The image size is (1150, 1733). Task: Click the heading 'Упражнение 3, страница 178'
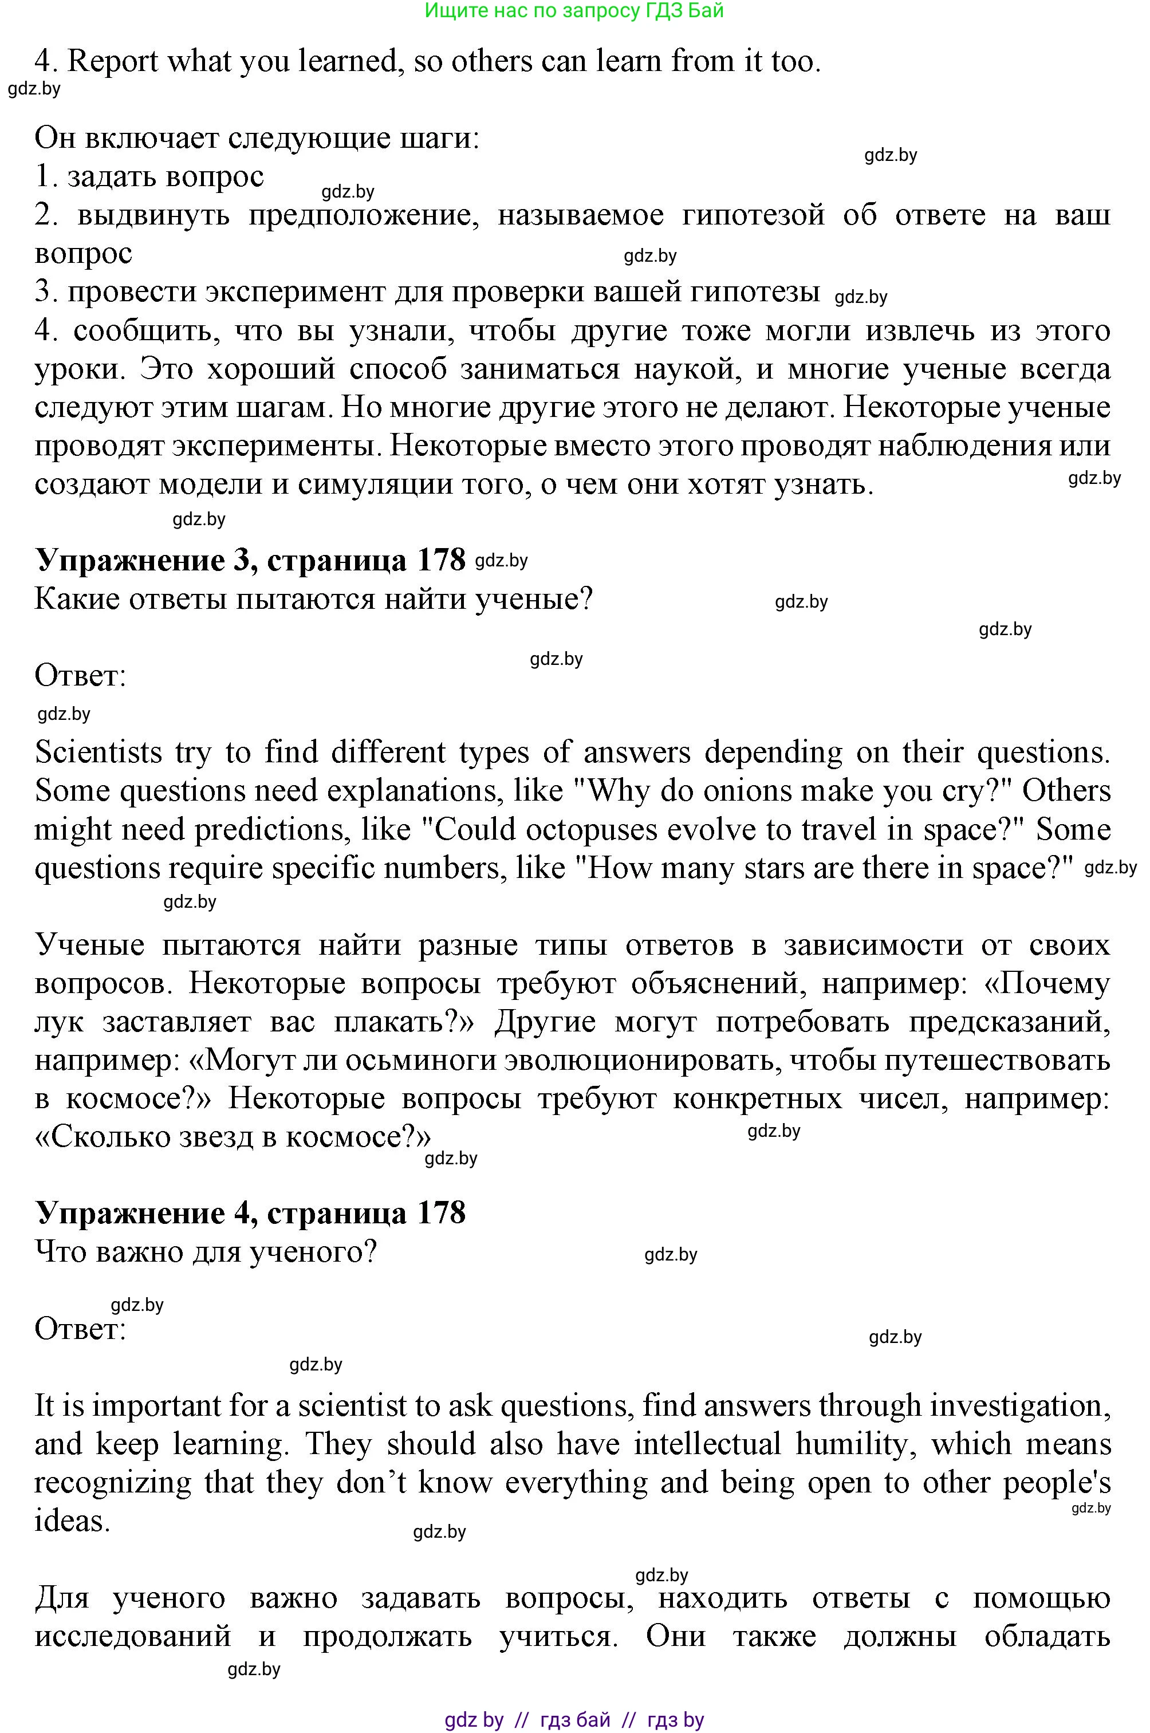point(250,560)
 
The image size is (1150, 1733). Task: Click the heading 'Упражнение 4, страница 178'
point(250,1212)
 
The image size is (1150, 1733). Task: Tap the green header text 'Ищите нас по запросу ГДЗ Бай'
point(574,10)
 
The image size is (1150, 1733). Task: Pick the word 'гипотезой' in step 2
point(753,215)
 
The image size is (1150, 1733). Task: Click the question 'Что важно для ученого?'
point(206,1251)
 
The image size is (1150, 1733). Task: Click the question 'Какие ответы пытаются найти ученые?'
point(313,599)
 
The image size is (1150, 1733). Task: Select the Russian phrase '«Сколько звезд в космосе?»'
point(233,1137)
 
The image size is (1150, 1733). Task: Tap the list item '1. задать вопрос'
point(149,177)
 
